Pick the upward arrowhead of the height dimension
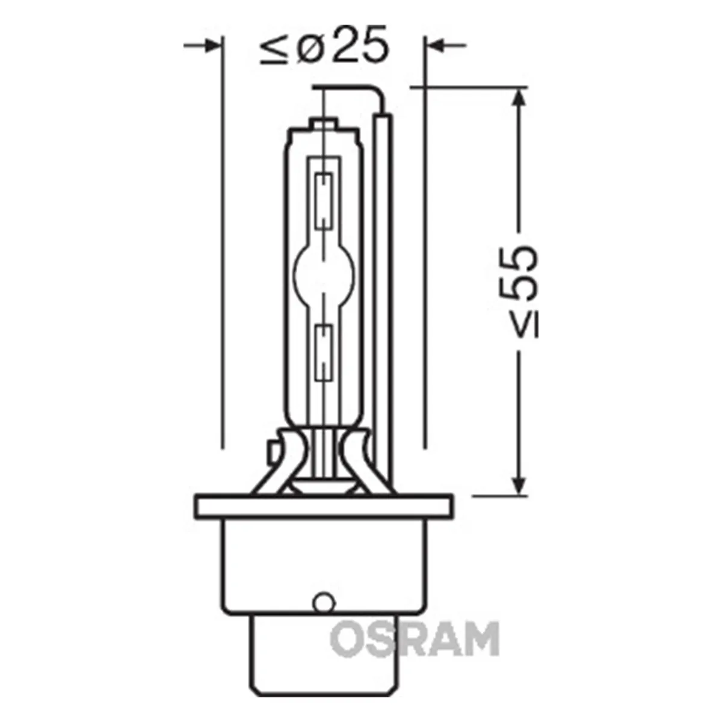[x=519, y=99]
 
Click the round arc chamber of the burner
[x=324, y=274]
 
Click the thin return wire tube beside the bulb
[x=381, y=289]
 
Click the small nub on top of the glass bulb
[x=324, y=123]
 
